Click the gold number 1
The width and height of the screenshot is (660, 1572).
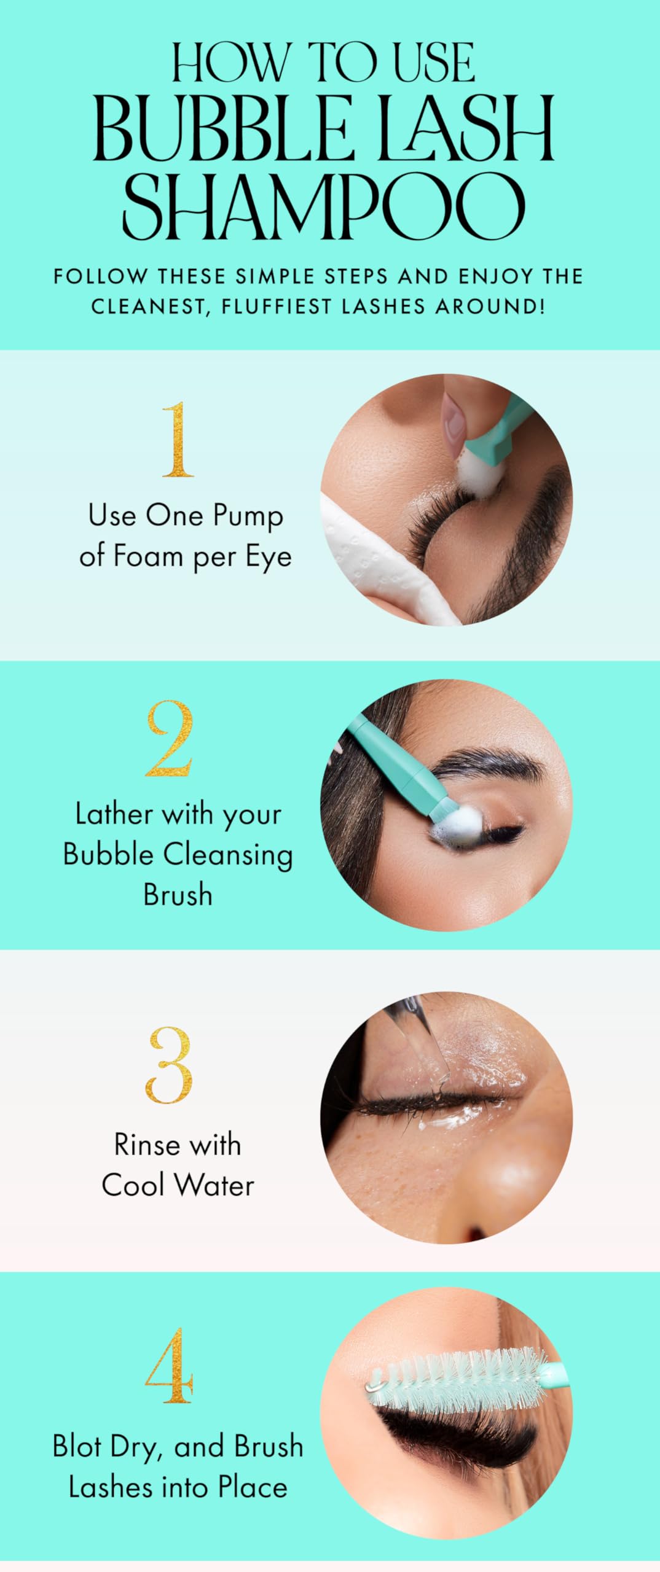(177, 440)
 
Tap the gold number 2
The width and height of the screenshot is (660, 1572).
(170, 739)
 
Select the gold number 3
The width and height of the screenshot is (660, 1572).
(170, 1065)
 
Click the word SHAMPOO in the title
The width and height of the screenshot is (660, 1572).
(324, 207)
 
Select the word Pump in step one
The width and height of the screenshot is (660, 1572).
(248, 516)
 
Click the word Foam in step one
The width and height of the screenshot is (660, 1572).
(148, 557)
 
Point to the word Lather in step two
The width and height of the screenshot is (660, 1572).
(114, 814)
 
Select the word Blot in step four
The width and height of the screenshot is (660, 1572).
(77, 1446)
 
